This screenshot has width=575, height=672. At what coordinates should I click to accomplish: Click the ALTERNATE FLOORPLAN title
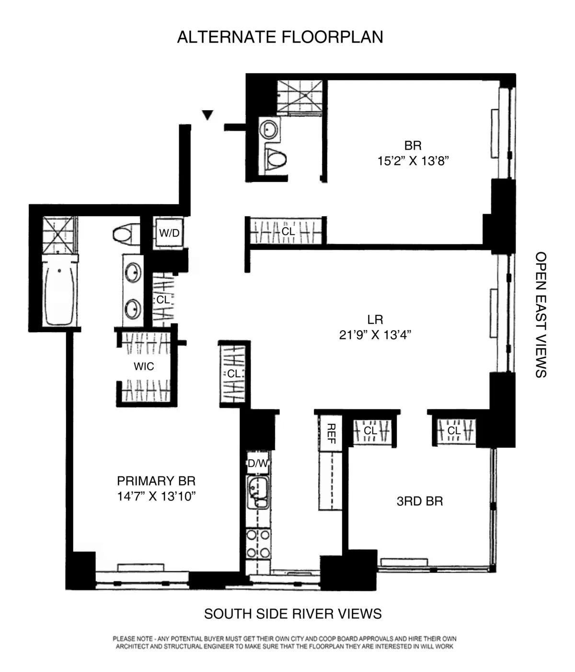(280, 37)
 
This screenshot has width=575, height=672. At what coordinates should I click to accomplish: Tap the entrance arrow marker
(207, 115)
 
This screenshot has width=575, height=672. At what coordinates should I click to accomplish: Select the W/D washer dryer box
(169, 233)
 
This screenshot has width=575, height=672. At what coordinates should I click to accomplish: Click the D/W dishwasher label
(258, 463)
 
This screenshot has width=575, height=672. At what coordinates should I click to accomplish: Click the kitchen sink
(258, 492)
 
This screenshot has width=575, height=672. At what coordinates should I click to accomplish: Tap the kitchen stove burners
(258, 544)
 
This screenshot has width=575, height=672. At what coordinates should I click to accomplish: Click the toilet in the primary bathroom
(126, 234)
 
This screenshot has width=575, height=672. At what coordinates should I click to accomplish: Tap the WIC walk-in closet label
(144, 367)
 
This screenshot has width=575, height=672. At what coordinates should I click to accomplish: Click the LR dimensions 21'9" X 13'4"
(375, 335)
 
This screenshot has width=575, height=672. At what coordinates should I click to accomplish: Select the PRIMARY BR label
(156, 481)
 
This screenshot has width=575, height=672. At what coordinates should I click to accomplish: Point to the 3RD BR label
(420, 501)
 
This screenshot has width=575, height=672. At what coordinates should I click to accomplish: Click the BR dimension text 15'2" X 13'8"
(413, 161)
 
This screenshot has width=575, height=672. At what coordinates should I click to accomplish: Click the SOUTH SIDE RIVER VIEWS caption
(293, 614)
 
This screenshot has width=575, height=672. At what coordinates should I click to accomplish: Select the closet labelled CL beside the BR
(287, 232)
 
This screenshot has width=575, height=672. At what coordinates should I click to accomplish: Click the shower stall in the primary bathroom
(59, 235)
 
